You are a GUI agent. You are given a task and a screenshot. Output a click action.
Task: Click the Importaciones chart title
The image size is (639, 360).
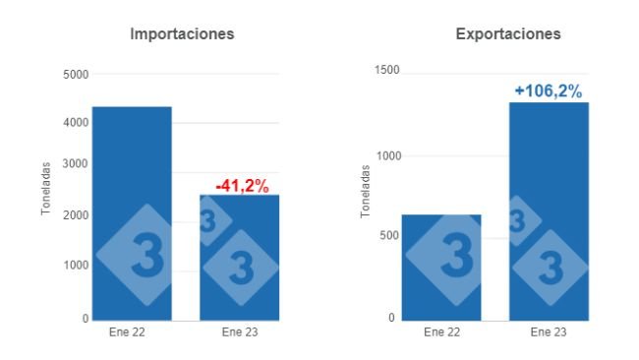pyautogui.click(x=183, y=34)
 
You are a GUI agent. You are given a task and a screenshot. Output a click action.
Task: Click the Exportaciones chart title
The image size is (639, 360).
pyautogui.click(x=508, y=34)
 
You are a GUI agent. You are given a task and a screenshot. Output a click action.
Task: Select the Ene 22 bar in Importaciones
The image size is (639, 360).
pyautogui.click(x=132, y=212)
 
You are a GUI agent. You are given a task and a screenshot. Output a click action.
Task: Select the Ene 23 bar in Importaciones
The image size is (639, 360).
pyautogui.click(x=239, y=257)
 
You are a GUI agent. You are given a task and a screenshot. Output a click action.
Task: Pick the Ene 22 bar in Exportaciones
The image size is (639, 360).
pyautogui.click(x=441, y=267)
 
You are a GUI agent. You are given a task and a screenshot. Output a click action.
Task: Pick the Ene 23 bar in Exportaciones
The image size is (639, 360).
pyautogui.click(x=549, y=210)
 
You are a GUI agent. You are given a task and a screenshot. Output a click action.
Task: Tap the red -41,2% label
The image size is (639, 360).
pyautogui.click(x=242, y=185)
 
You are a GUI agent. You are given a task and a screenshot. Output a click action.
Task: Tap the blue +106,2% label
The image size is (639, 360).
pyautogui.click(x=548, y=91)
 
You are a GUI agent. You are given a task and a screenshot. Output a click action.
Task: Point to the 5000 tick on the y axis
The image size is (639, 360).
pyautogui.click(x=76, y=75)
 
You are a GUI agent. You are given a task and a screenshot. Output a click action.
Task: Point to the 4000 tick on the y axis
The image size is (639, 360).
pyautogui.click(x=76, y=123)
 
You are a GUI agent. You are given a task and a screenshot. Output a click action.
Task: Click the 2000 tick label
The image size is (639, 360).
pyautogui.click(x=76, y=215)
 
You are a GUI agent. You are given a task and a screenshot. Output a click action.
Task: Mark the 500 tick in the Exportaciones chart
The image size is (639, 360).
pyautogui.click(x=389, y=236)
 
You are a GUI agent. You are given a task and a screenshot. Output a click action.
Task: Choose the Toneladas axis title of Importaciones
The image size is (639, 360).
pyautogui.click(x=46, y=188)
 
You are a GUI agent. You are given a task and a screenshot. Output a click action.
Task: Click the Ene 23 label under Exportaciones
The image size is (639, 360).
pyautogui.click(x=549, y=332)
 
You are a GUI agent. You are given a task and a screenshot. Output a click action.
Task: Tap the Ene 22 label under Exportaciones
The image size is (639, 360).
pyautogui.click(x=441, y=332)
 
